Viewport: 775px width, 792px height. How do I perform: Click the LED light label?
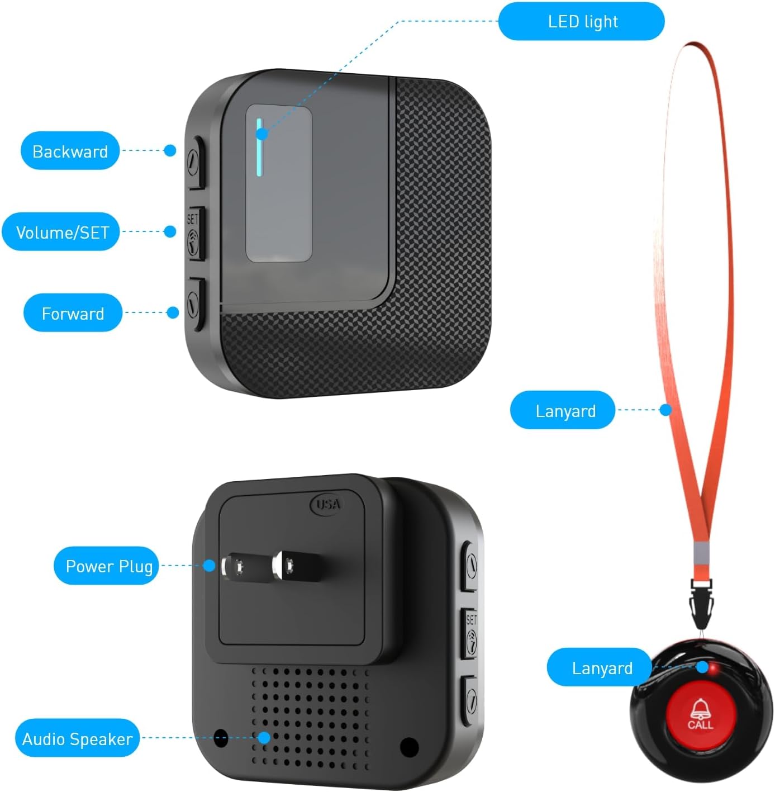(x=581, y=22)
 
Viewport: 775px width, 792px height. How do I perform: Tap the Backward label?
(x=70, y=151)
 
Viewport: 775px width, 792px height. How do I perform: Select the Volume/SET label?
(x=61, y=232)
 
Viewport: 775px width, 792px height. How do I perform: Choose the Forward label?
(x=73, y=313)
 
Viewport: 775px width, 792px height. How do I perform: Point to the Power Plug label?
(x=108, y=566)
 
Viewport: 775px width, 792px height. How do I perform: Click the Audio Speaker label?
(x=77, y=739)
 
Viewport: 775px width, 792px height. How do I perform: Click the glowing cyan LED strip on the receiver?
(x=259, y=146)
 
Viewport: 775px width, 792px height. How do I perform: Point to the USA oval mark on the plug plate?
(x=327, y=504)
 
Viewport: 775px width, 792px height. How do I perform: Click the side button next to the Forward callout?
(x=194, y=303)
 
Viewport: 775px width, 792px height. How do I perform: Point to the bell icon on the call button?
(x=700, y=709)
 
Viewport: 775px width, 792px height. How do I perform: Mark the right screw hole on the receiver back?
(x=410, y=746)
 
